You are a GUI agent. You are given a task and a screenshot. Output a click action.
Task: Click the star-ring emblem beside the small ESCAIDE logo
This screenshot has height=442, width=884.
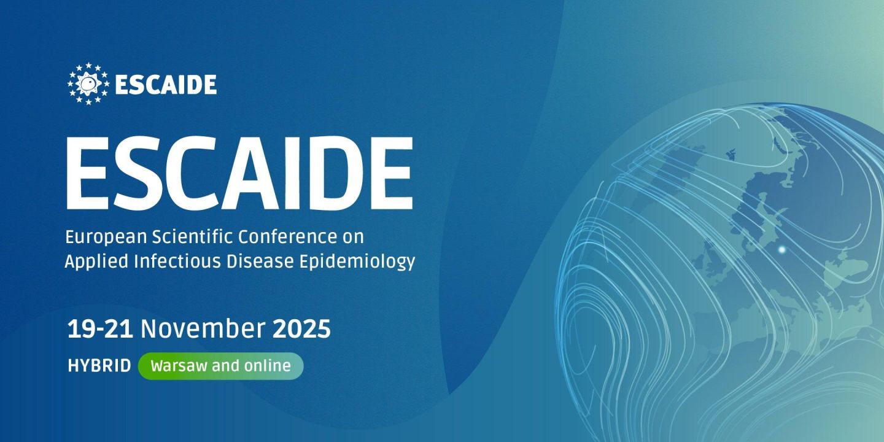pyautogui.click(x=88, y=83)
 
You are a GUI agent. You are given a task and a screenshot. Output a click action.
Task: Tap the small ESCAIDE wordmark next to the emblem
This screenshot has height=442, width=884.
pyautogui.click(x=166, y=85)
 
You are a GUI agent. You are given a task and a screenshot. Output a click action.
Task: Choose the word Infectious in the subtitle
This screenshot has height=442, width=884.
pyautogui.click(x=162, y=262)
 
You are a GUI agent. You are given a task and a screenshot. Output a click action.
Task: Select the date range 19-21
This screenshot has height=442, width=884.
pyautogui.click(x=100, y=330)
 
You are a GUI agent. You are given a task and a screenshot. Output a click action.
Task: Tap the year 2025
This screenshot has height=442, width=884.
pyautogui.click(x=301, y=330)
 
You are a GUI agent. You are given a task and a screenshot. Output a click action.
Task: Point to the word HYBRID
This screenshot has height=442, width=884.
pyautogui.click(x=99, y=366)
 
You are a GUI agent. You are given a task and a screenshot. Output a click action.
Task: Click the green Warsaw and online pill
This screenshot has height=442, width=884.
pyautogui.click(x=220, y=366)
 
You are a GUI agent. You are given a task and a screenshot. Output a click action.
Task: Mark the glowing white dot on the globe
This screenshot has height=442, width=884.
pyautogui.click(x=781, y=249)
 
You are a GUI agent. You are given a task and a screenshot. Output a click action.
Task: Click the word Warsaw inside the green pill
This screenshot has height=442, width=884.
pyautogui.click(x=179, y=366)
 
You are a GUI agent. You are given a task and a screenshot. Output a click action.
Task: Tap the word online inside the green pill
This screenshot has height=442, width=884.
pyautogui.click(x=266, y=366)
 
